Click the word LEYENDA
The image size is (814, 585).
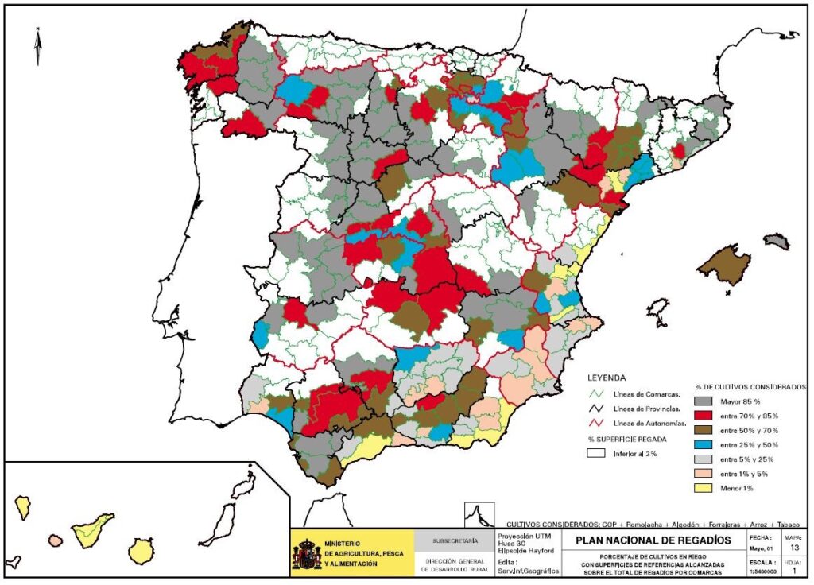coord(607,378)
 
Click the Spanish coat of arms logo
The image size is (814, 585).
coord(307,554)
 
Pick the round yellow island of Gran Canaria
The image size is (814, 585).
coord(141,549)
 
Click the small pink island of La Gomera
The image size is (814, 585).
coord(55,540)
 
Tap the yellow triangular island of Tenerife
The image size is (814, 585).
coord(92,527)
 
